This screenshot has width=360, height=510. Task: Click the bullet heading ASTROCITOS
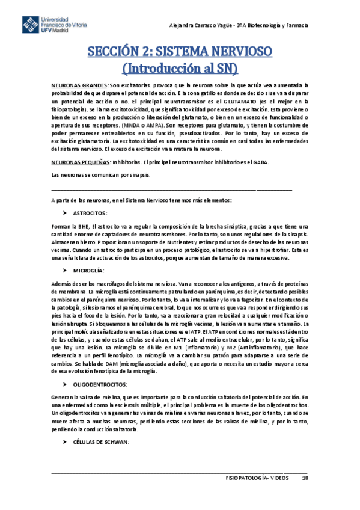90,213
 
